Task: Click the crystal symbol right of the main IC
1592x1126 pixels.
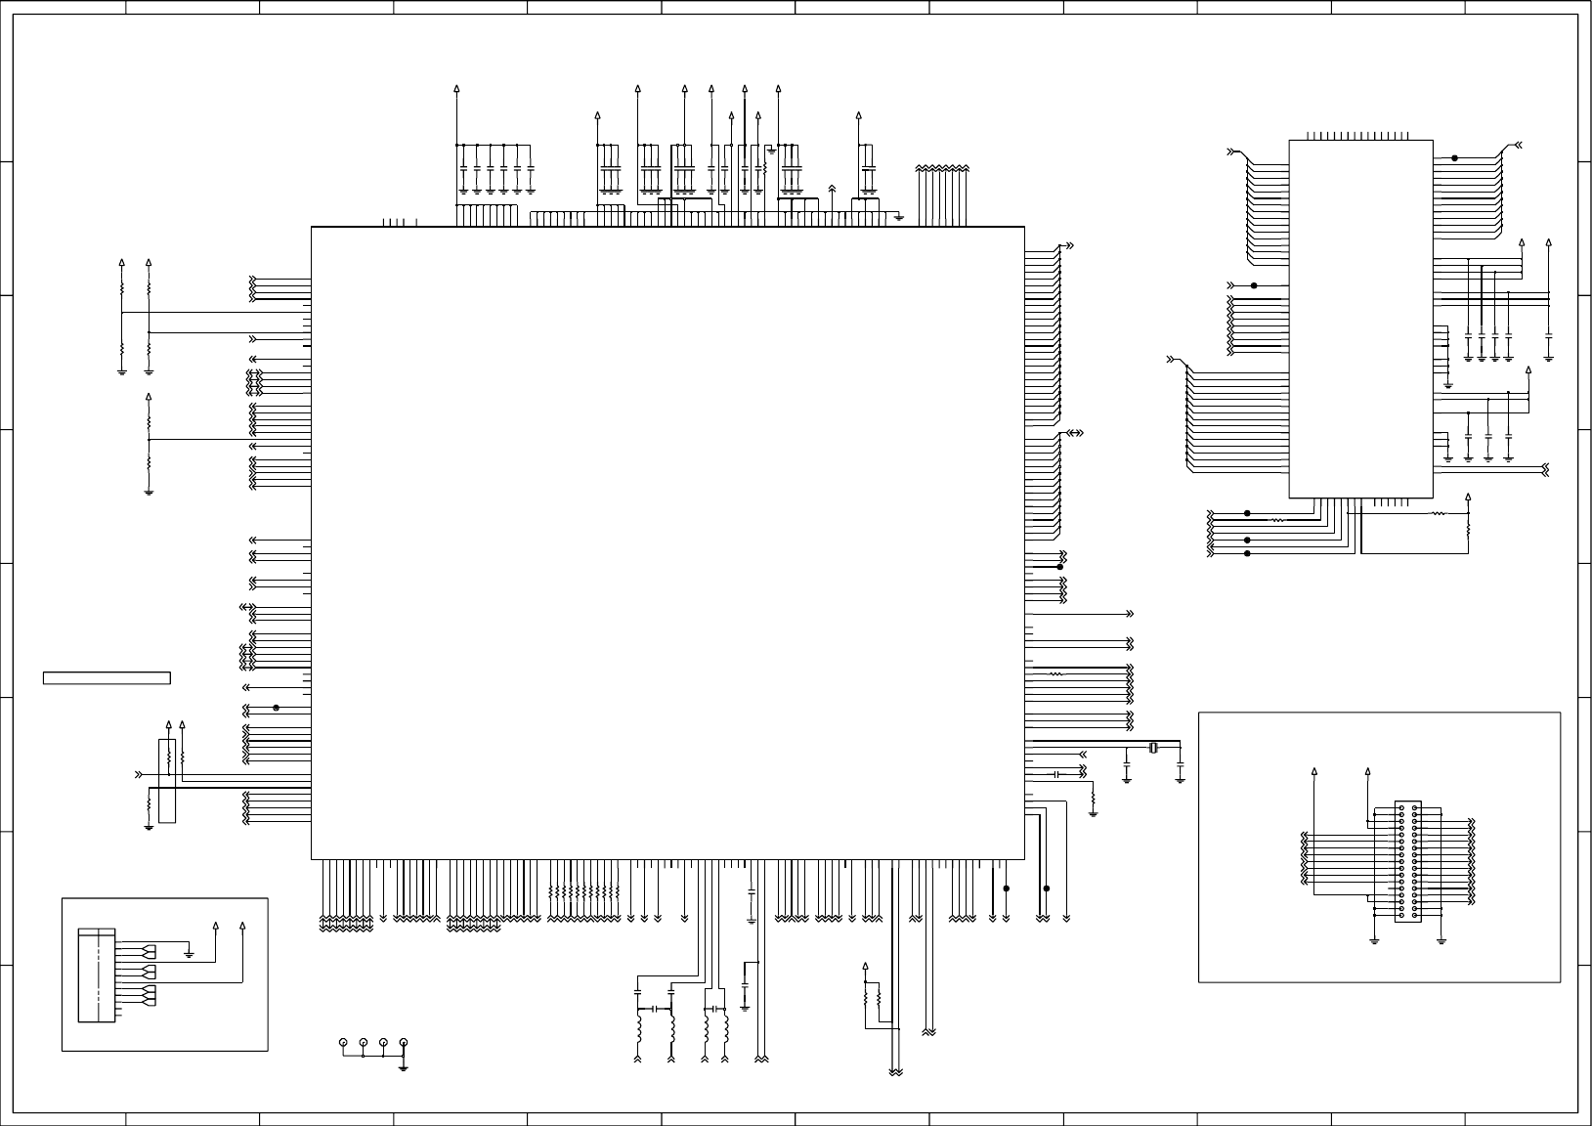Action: pos(1153,749)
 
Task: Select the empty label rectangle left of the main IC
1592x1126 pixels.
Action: pos(107,677)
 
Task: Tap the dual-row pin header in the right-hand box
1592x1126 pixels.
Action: pos(1407,861)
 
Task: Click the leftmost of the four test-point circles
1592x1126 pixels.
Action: pos(342,1043)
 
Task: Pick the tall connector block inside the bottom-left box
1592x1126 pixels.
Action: pos(97,975)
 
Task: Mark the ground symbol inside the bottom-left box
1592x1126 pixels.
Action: pos(190,952)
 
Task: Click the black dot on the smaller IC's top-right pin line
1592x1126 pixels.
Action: pos(1454,157)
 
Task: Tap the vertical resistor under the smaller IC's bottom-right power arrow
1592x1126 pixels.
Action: pos(1468,526)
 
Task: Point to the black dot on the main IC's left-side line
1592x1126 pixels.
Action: pos(277,708)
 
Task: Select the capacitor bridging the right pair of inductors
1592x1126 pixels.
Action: pos(716,1008)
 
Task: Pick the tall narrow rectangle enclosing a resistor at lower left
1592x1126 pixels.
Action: pos(167,781)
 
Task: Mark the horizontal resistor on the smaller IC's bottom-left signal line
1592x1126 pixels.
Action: pos(1276,521)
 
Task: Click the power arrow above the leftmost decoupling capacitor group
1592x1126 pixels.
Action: pos(457,90)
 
